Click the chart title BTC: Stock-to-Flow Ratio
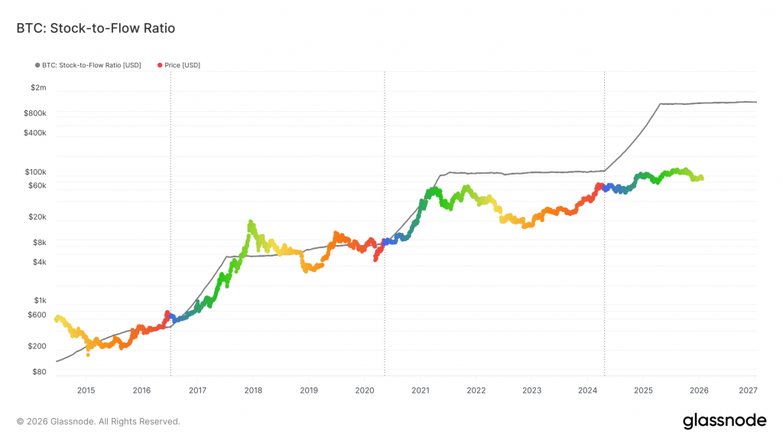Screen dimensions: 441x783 point(96,29)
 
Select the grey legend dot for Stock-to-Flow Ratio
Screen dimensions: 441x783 point(37,65)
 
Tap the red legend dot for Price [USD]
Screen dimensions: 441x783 point(160,65)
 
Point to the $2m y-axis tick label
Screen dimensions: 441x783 point(38,88)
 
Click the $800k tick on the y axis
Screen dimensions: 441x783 point(36,113)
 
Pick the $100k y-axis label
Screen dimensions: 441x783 point(36,173)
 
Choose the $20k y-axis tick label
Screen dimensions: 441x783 point(37,217)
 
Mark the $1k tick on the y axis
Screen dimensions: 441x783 point(40,301)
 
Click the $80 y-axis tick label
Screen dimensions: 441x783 point(39,372)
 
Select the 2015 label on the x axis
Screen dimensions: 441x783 point(86,390)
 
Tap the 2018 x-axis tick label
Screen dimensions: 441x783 point(253,390)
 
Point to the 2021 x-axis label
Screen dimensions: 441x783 point(420,390)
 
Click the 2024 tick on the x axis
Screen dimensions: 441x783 point(587,390)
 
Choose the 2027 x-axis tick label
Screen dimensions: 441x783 point(749,390)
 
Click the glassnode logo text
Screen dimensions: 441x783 point(724,420)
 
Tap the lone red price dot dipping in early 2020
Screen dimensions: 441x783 point(375,260)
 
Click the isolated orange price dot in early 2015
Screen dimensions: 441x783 point(88,354)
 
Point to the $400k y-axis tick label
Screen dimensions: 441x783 point(36,133)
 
